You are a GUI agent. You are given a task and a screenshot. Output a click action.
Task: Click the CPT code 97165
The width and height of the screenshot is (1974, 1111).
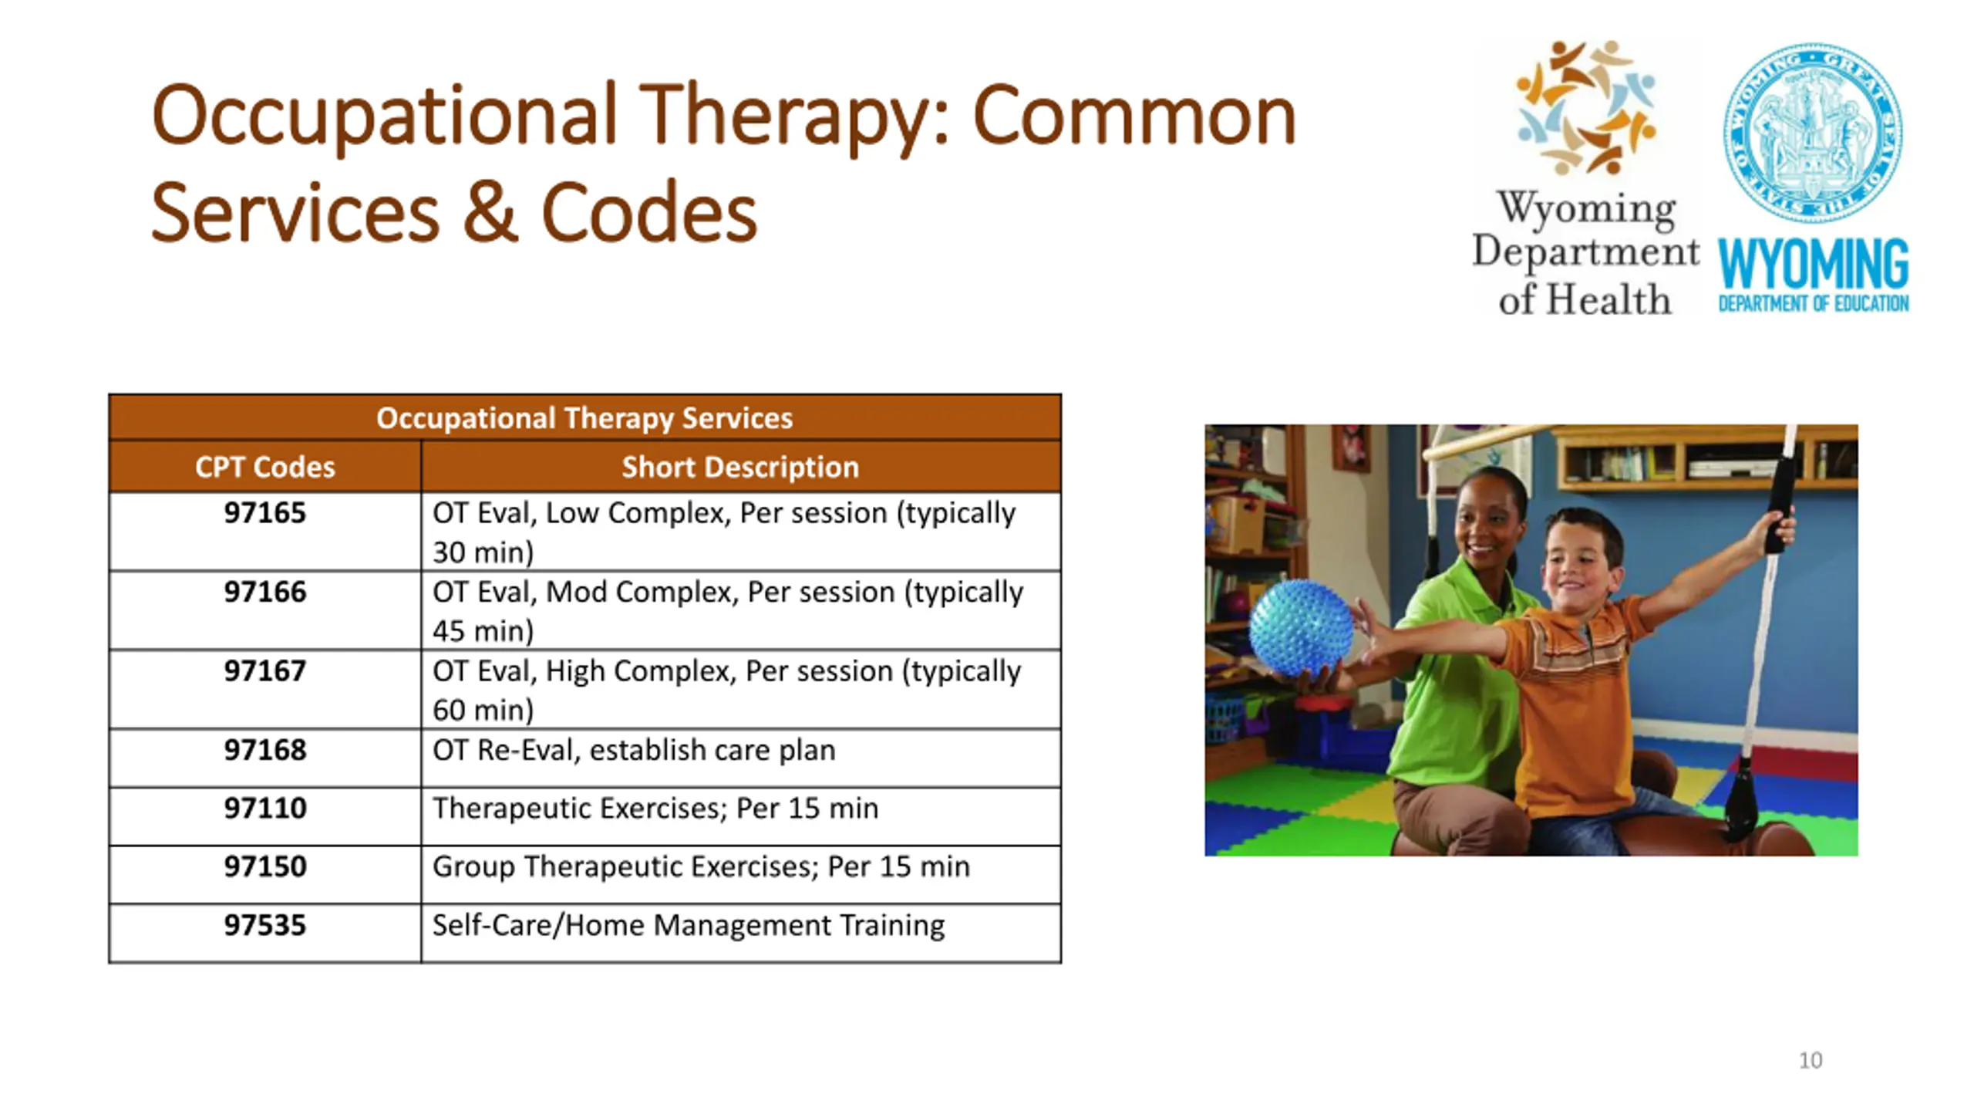(264, 513)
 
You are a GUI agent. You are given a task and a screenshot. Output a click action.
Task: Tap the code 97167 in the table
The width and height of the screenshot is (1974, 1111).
(264, 670)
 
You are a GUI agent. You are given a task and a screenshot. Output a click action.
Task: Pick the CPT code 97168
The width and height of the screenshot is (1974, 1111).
(264, 749)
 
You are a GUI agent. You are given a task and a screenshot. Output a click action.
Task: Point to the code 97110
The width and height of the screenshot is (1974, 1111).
(264, 808)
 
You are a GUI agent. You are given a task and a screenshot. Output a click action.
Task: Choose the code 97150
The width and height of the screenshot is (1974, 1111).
(264, 866)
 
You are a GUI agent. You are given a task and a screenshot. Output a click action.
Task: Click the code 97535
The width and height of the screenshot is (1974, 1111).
(264, 925)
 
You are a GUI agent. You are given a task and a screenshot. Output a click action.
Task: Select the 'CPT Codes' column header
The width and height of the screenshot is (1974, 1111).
(264, 467)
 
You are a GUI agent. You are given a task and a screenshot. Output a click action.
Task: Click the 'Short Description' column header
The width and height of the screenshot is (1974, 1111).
(740, 467)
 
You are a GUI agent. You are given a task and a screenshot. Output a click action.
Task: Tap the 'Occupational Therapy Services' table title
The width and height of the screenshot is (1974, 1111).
(584, 418)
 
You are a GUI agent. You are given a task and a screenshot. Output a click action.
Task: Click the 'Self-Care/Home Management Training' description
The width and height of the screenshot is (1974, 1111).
(688, 925)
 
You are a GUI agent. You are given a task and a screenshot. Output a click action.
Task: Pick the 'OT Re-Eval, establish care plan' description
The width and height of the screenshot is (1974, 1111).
(634, 750)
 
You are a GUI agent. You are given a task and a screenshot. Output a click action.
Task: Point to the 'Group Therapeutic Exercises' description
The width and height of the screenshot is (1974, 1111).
(625, 866)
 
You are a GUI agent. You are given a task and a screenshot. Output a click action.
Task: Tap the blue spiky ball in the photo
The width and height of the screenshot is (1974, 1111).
(1300, 628)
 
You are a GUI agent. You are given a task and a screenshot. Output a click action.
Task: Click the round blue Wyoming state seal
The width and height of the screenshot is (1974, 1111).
(1813, 132)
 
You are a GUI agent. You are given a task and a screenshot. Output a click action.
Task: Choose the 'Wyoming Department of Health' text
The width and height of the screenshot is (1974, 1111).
(1585, 252)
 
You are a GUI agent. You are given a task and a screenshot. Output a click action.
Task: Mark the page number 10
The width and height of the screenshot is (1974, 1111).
(1811, 1060)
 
